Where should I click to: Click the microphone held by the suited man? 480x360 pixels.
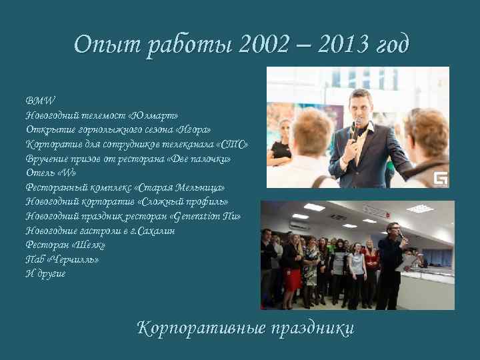click(357, 127)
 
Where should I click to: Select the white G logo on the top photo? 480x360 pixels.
click(440, 178)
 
